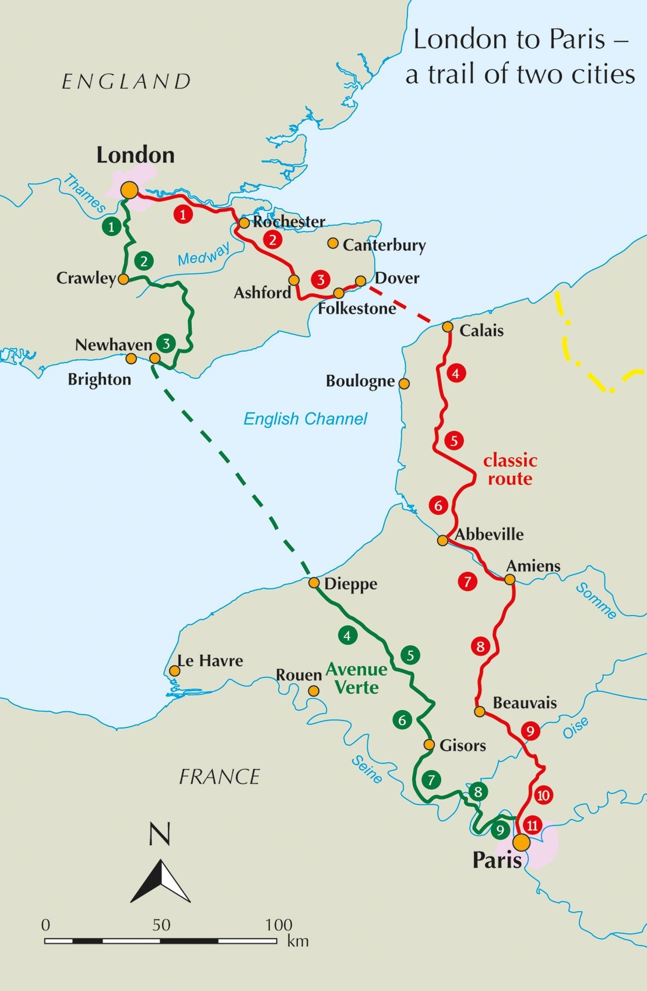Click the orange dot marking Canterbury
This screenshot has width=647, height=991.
tap(333, 243)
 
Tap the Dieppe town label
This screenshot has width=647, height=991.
tap(351, 584)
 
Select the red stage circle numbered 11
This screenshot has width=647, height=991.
tap(532, 825)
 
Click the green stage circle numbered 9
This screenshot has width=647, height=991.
tap(500, 830)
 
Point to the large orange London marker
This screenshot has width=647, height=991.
tap(129, 190)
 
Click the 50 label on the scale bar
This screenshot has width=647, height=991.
tap(161, 925)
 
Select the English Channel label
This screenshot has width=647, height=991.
tap(305, 419)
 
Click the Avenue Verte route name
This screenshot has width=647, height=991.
tap(357, 678)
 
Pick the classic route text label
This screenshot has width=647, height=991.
tap(510, 470)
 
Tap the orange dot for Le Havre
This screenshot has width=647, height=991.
tap(174, 671)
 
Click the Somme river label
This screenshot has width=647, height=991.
tap(597, 601)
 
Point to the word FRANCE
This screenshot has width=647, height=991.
tap(219, 777)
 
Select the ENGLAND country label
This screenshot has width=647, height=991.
tap(126, 82)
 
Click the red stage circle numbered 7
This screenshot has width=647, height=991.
tap(468, 581)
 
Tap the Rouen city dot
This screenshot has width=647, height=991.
tap(314, 691)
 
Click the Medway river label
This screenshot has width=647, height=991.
tap(204, 254)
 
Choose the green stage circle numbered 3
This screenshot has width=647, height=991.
tap(166, 343)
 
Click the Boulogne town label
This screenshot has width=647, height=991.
tap(360, 381)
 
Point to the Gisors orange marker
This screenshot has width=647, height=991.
tap(429, 745)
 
